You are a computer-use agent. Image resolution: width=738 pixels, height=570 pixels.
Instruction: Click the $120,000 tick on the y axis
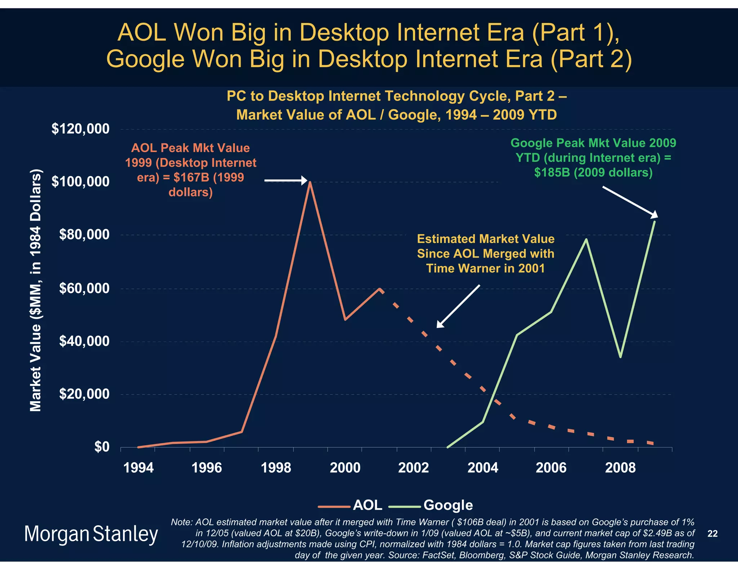pos(80,129)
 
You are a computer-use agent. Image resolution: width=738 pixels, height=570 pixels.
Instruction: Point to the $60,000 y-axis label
pos(84,288)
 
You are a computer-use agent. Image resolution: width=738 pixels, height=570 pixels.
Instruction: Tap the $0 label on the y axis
pos(102,447)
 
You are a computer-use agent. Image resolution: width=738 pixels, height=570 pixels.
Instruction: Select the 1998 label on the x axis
pos(276,468)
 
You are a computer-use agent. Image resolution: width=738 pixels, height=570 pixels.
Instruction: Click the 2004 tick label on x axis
pos(483,468)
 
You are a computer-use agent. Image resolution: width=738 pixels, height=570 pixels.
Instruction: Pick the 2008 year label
pos(620,468)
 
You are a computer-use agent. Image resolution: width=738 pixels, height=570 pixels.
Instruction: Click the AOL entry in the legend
pos(367,505)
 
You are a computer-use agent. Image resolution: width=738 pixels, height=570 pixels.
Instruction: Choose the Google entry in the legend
pos(448,505)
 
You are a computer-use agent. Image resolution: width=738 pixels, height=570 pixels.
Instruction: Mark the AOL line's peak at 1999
pos(310,182)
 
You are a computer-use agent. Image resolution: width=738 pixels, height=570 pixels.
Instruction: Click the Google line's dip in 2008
pos(620,357)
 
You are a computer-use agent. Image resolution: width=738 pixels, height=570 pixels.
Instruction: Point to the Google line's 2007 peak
pos(586,240)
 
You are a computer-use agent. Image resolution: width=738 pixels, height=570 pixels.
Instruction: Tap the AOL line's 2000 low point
pos(345,319)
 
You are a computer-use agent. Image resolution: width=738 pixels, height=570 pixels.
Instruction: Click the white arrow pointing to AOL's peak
pos(286,181)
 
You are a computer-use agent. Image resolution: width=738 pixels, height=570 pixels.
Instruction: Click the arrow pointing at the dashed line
pos(458,306)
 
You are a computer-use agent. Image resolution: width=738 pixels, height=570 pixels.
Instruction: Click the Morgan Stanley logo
pos(91,534)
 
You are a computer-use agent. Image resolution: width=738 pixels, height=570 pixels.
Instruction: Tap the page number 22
pos(712,534)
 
